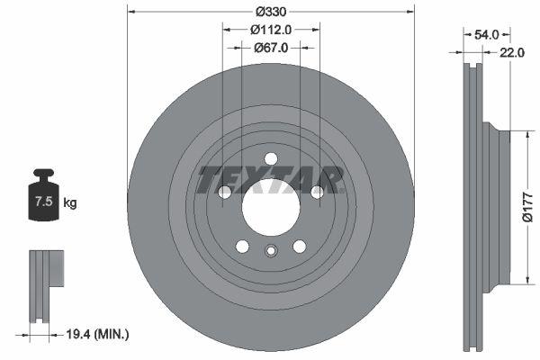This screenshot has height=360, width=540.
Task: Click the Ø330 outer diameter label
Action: click(270, 12)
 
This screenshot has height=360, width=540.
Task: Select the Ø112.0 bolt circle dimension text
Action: click(270, 29)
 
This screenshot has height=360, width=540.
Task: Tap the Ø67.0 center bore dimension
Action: click(270, 48)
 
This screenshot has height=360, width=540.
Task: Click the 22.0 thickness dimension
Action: click(512, 52)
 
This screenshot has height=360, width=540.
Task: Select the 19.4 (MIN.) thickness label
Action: click(98, 334)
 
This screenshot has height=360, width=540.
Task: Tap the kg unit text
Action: click(69, 202)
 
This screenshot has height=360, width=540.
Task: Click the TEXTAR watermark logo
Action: click(270, 180)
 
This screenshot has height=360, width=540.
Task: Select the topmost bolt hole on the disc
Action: click(270, 159)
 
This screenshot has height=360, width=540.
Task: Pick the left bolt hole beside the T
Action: click(225, 192)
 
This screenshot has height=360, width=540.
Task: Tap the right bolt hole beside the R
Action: click(316, 192)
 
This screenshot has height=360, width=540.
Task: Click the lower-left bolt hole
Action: click(242, 246)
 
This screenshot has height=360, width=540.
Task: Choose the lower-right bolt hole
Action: click(299, 246)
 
